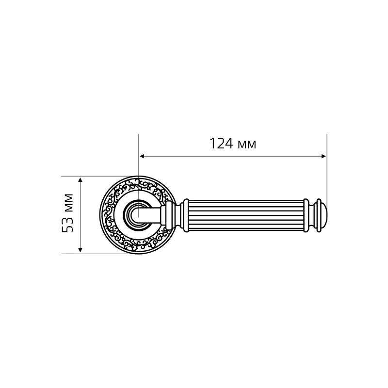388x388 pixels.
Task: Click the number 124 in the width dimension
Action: tap(221, 144)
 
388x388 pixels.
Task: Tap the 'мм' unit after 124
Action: tap(247, 145)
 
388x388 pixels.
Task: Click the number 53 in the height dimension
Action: tap(67, 225)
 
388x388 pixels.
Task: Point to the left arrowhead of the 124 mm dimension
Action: tap(142, 156)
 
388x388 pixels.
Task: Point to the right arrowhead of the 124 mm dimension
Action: tap(323, 156)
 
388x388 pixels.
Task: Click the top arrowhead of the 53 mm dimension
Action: tap(80, 179)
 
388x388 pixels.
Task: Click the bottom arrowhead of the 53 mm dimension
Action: tap(80, 250)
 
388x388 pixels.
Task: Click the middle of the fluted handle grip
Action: tap(245, 215)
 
